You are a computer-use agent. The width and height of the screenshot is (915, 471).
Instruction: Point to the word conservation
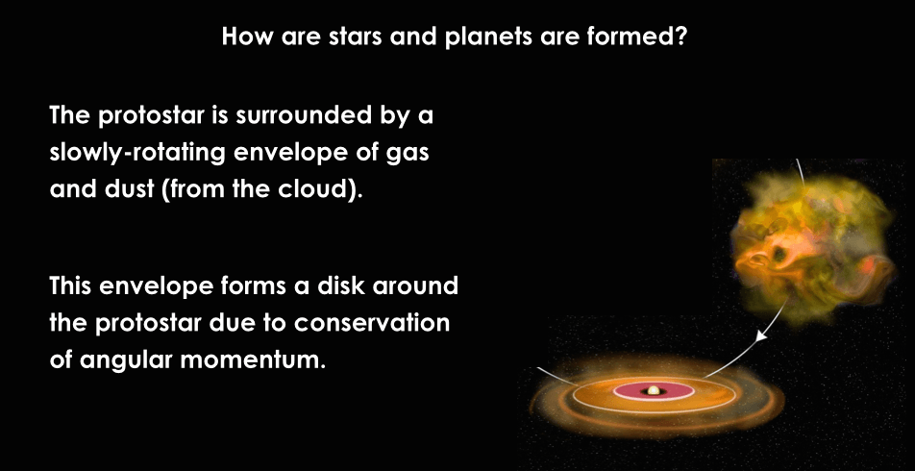click(372, 323)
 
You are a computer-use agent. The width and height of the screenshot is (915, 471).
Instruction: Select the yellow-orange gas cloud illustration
click(813, 245)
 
